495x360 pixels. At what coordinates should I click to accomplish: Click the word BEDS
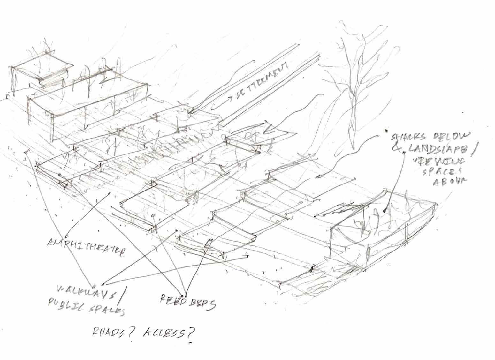click(202, 303)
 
